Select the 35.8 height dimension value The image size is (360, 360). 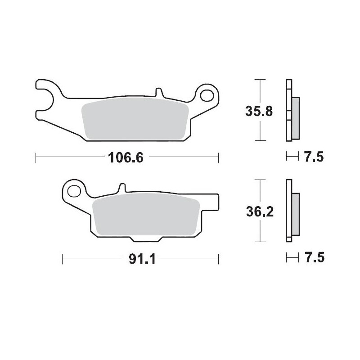pos(258,111)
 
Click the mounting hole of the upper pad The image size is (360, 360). pos(208,95)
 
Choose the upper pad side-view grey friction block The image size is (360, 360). pos(295,118)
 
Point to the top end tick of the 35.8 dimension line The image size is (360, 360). pos(258,80)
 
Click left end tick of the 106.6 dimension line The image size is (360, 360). pos(36,157)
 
